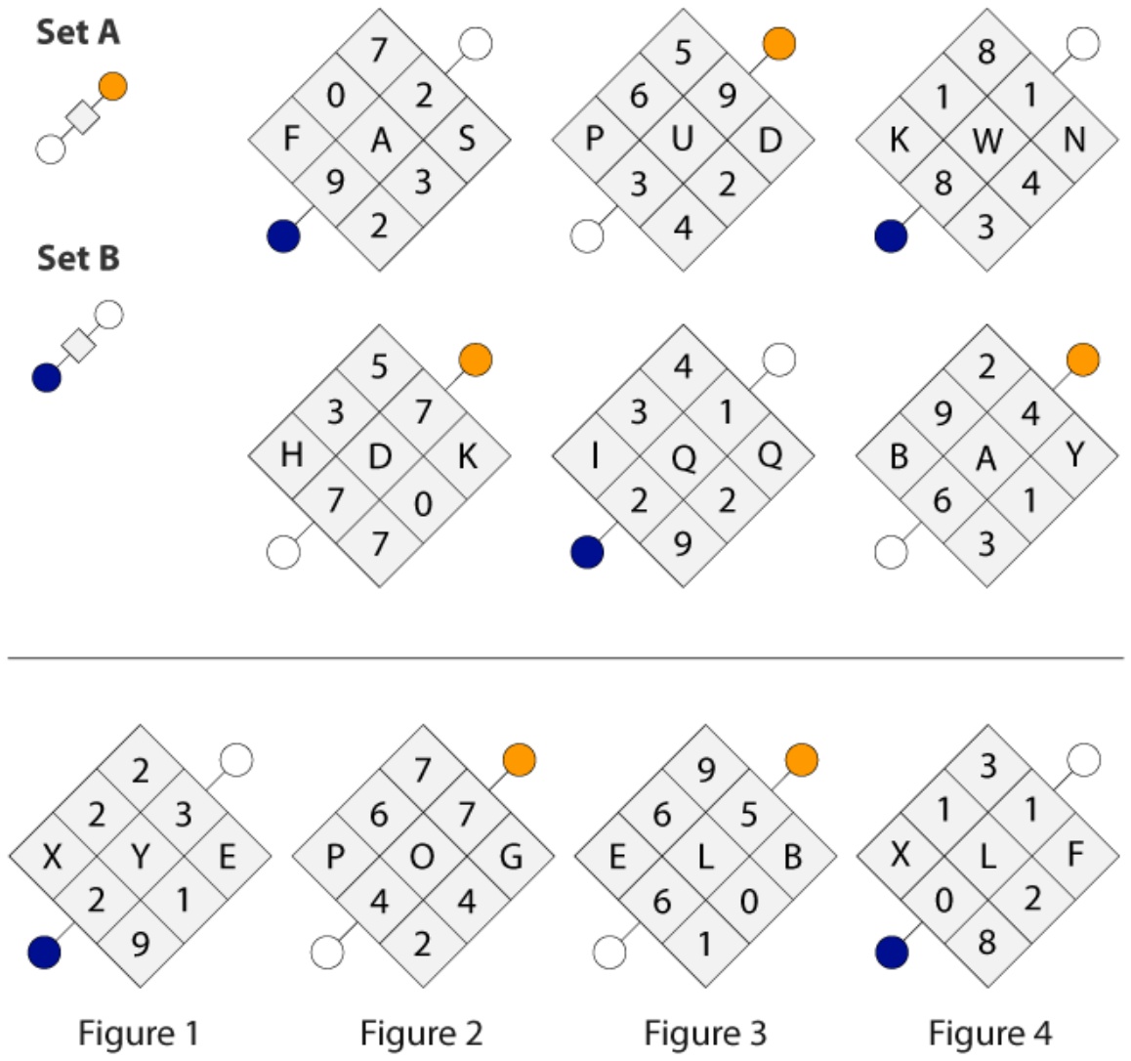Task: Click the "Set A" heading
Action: (78, 32)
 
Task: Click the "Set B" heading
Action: (78, 258)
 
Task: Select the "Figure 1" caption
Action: (138, 1033)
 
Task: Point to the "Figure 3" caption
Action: (705, 1033)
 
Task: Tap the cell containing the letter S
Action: (467, 139)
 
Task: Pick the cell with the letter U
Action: (683, 139)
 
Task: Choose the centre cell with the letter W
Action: (986, 139)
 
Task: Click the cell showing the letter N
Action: (1074, 139)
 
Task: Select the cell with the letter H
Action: (291, 455)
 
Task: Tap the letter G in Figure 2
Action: (511, 856)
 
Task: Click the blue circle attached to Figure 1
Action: (44, 953)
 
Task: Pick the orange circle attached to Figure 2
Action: (520, 759)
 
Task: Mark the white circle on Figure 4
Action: (1083, 759)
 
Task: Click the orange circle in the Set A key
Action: (113, 86)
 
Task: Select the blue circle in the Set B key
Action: (47, 377)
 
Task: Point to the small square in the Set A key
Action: (82, 117)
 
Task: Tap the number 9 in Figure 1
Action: (141, 944)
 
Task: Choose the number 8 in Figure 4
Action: (986, 942)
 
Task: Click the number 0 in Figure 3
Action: (749, 901)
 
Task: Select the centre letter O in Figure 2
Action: (423, 856)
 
